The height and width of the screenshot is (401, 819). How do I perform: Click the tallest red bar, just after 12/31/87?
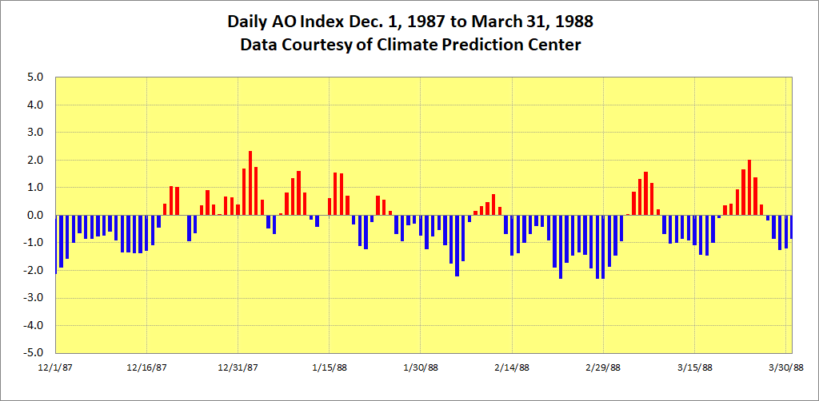pos(250,183)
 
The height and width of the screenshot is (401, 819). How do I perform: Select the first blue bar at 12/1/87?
pos(56,244)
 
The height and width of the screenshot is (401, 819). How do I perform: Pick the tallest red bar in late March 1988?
pos(749,188)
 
